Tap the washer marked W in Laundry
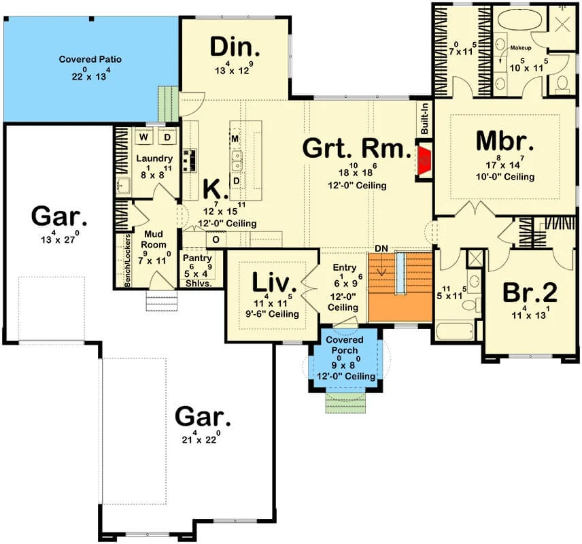point(143,137)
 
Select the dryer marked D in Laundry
point(167,137)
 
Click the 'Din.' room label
point(235,47)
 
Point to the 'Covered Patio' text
point(90,59)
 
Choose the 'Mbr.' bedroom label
point(504,141)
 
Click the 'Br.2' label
point(530,292)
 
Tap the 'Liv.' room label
point(274,282)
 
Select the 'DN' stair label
point(381,248)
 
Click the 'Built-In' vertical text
point(425,119)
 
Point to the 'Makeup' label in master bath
point(520,48)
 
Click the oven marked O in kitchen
point(216,239)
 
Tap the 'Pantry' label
point(197,258)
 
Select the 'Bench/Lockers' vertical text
point(127,260)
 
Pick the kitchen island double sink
point(237,160)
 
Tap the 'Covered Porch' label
point(345,345)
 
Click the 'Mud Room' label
point(153,239)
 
